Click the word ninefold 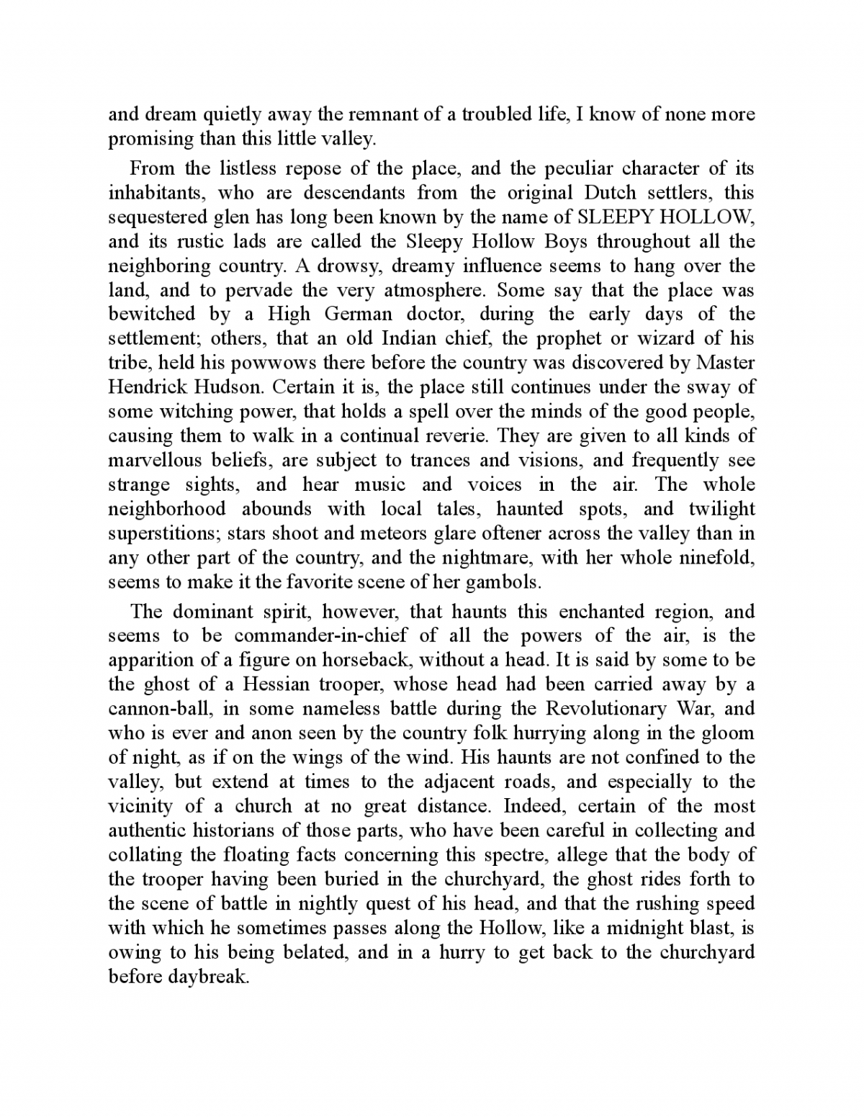coord(717,557)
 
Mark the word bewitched coord(151,314)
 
